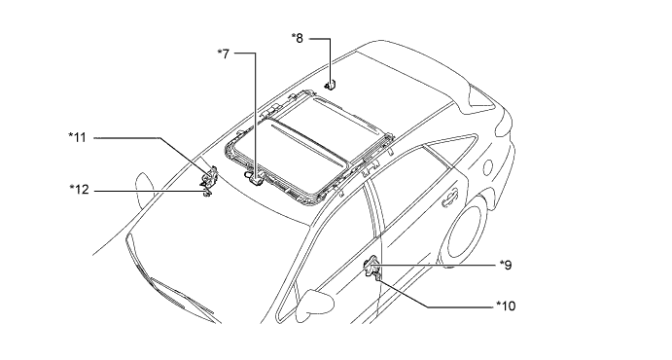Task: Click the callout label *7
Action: (224, 54)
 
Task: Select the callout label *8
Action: (297, 38)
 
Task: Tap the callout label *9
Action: (506, 265)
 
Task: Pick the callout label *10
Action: (506, 306)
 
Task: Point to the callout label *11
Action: (78, 137)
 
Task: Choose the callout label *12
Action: (80, 189)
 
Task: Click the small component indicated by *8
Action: (330, 86)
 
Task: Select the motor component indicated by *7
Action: (254, 177)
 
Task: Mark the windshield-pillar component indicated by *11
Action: (211, 176)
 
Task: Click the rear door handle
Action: (449, 198)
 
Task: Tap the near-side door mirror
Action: (315, 305)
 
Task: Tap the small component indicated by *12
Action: (207, 193)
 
